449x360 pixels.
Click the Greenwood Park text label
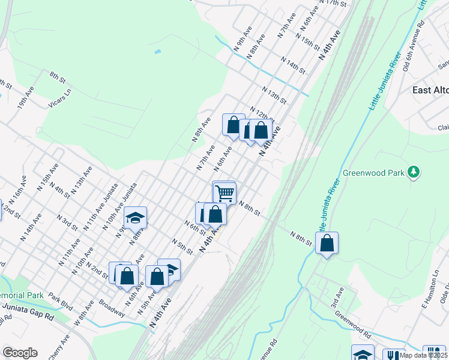click(373, 173)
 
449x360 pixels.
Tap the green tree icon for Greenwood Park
click(413, 173)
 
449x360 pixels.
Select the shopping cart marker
click(224, 193)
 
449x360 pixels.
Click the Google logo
click(20, 353)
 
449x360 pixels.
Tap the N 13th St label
click(274, 94)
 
